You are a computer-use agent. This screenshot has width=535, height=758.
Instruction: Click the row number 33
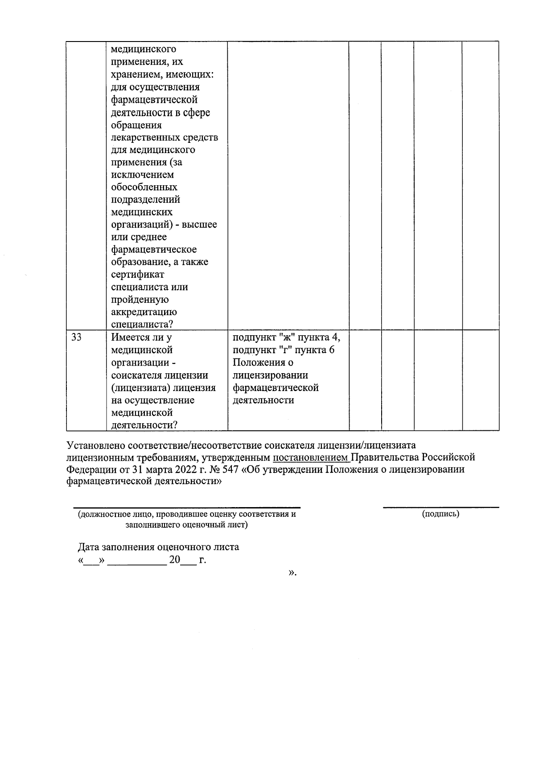point(76,337)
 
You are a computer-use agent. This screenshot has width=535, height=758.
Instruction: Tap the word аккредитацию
point(144,312)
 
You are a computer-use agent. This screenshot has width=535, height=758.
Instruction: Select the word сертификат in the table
point(137,275)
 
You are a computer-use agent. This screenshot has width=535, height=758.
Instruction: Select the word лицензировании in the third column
point(270,375)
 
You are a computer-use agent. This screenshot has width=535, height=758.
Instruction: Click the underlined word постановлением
point(311,458)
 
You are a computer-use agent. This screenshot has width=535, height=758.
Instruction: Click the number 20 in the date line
point(174,560)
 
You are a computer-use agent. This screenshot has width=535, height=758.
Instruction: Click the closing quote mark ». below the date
point(292,572)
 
